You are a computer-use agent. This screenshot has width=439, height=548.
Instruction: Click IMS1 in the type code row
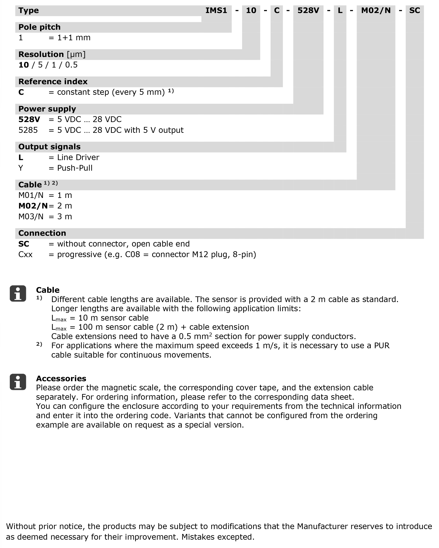pos(216,10)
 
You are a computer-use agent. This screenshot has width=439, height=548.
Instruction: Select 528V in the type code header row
pos(308,10)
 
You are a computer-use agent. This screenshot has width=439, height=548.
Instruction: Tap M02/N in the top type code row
pos(376,10)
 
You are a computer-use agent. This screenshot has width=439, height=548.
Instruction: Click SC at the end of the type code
pos(415,10)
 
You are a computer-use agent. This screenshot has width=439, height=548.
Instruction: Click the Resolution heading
pos(41,54)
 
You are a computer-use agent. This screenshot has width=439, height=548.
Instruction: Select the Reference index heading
pos(53,82)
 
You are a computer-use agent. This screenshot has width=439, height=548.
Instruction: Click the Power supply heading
pos(47,109)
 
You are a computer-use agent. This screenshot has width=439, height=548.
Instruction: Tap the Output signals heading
pos(49,147)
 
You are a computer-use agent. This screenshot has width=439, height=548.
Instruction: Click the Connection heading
pos(42,233)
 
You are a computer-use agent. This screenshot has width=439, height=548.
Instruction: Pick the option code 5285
pos(28,130)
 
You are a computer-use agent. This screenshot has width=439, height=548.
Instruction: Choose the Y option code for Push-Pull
pos(21,168)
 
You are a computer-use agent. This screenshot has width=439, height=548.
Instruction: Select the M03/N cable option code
pos(31,217)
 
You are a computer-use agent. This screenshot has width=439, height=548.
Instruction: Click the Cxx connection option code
pos(25,254)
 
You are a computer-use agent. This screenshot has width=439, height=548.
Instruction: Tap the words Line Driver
pos(78,157)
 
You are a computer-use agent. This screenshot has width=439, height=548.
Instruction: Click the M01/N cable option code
pos(31,195)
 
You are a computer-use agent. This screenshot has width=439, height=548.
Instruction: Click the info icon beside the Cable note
pos(18,294)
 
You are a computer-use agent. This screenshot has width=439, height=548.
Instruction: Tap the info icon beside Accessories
pos(18,382)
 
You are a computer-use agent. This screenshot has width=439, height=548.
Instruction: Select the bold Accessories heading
pos(61,379)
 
